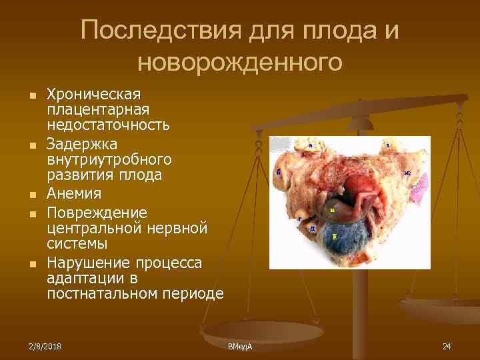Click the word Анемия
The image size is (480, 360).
(x=73, y=194)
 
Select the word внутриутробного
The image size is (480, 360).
(x=109, y=160)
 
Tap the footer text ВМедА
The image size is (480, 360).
(x=240, y=347)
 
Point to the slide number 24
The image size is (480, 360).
(x=447, y=346)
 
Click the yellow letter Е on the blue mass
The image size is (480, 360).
(x=334, y=237)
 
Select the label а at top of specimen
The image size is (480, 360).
(x=311, y=145)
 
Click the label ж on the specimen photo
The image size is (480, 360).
(x=407, y=173)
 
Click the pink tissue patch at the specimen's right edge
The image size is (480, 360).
(x=420, y=193)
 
